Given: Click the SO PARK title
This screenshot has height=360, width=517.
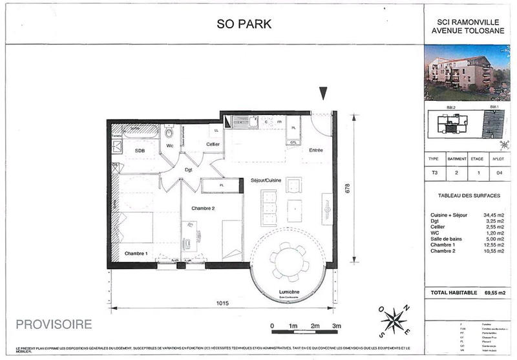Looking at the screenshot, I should (244, 25).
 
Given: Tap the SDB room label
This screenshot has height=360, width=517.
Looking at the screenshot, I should (140, 151).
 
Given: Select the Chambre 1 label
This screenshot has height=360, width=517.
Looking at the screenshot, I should (136, 253).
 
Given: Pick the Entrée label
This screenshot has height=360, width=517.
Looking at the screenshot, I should (315, 150).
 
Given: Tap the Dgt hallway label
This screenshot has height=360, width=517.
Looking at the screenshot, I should (189, 170).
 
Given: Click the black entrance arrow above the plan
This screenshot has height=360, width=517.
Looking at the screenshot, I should (323, 94).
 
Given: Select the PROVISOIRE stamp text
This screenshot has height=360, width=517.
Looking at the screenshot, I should (54, 323).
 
